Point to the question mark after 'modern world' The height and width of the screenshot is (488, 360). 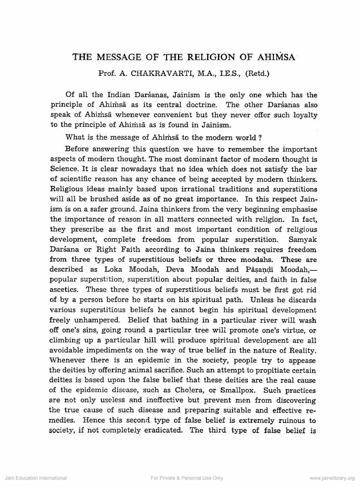[x=259, y=138]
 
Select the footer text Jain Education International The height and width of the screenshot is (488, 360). [x=36, y=478]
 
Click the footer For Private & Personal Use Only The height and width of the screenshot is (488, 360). [x=187, y=478]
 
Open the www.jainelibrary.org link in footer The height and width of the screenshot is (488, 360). [x=332, y=478]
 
